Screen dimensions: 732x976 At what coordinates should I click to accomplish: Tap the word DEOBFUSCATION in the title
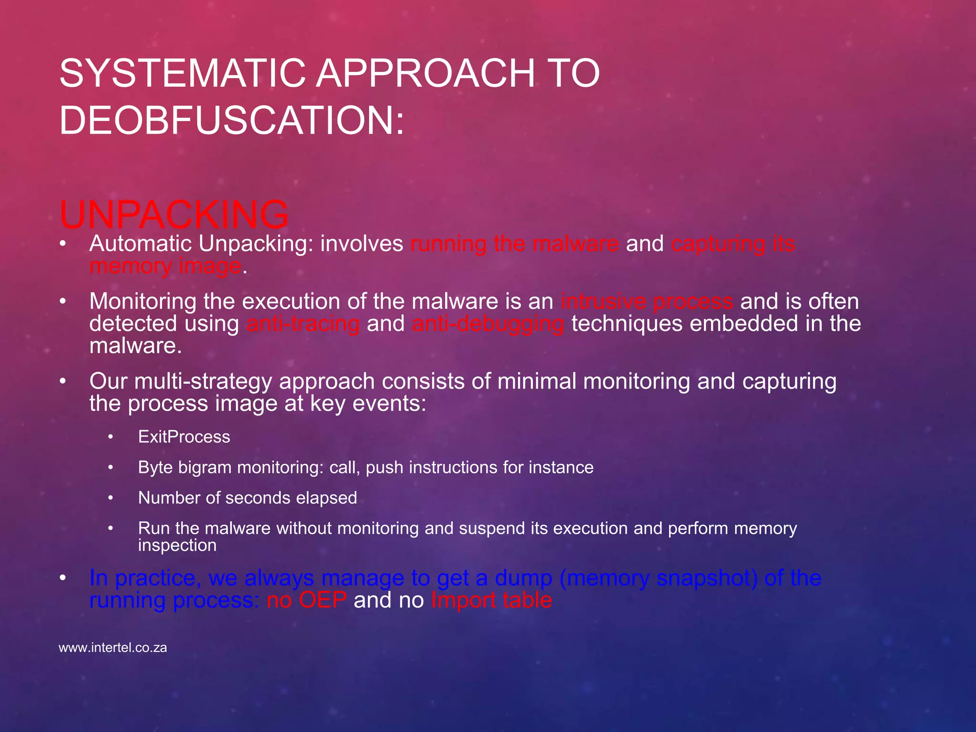[224, 121]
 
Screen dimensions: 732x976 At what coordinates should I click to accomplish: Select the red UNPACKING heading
[174, 214]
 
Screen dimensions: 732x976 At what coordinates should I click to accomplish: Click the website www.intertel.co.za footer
[113, 648]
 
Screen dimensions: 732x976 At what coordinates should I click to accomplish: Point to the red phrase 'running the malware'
[514, 244]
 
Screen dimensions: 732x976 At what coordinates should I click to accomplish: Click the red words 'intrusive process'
[647, 302]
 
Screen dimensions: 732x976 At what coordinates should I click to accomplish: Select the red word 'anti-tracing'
[303, 324]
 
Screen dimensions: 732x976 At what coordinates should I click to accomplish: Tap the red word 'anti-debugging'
[488, 324]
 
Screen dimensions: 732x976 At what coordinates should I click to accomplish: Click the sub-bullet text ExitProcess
[184, 437]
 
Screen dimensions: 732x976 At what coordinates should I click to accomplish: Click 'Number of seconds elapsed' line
[247, 498]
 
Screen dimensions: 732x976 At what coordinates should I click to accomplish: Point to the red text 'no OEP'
[306, 600]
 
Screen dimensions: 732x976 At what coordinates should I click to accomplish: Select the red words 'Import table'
[491, 600]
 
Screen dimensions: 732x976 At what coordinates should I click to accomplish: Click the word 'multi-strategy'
[204, 381]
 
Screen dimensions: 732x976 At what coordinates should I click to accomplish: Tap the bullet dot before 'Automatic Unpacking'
[62, 244]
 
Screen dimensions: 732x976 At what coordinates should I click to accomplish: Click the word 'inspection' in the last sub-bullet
[177, 545]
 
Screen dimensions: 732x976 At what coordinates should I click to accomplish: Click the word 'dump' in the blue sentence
[523, 578]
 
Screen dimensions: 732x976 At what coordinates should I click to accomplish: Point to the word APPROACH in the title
[426, 74]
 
